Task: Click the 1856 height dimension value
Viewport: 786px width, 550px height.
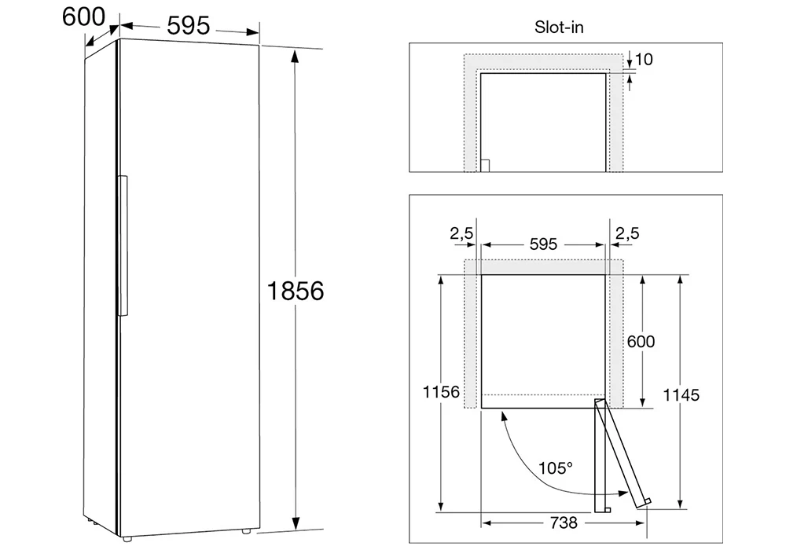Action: [x=296, y=291]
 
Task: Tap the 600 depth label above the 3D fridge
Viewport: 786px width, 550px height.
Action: [x=84, y=16]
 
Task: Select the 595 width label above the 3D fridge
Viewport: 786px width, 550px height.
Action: [x=189, y=26]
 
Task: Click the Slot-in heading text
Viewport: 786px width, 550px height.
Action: [x=559, y=27]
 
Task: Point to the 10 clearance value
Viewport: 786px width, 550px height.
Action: [x=645, y=59]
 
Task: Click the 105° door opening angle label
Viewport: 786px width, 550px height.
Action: [x=556, y=467]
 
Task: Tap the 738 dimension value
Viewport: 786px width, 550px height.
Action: [x=564, y=522]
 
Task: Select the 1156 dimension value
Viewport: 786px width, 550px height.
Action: [x=441, y=392]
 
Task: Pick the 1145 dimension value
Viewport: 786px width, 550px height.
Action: [x=681, y=394]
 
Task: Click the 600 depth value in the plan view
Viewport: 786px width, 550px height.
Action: [x=641, y=341]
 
